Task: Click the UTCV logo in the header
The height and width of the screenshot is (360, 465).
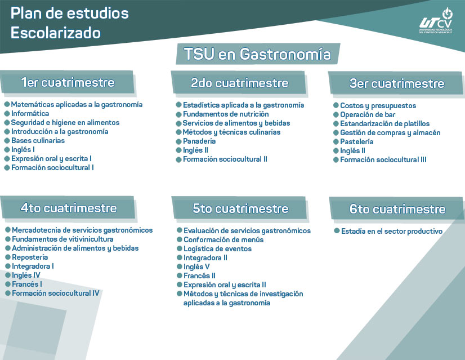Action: click(x=435, y=21)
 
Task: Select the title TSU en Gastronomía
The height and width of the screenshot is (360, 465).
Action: click(x=257, y=54)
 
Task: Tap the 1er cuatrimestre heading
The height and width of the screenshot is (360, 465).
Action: click(x=68, y=83)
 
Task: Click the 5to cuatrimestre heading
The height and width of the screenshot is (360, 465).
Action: click(x=240, y=208)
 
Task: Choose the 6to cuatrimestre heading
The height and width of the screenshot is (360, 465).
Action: click(x=397, y=209)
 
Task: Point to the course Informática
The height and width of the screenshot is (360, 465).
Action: click(x=30, y=113)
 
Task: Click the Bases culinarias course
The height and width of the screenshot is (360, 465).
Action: click(x=38, y=140)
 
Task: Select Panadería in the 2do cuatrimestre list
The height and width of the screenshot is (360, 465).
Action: click(x=199, y=141)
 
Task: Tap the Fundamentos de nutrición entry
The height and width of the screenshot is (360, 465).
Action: click(x=225, y=114)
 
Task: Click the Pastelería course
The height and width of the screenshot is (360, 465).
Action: click(x=356, y=141)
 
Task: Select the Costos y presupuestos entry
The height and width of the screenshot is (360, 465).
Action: click(x=378, y=105)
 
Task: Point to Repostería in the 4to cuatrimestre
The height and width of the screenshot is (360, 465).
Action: click(x=30, y=257)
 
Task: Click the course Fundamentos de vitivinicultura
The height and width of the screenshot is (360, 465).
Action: click(x=62, y=239)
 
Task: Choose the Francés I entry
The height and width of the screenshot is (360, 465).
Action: click(x=26, y=284)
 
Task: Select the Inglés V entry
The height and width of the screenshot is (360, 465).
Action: click(x=196, y=266)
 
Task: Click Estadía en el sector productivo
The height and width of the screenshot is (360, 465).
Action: click(x=391, y=231)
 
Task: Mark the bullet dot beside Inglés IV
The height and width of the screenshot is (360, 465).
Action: click(x=7, y=275)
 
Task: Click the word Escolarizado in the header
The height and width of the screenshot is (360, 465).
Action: click(x=56, y=33)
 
